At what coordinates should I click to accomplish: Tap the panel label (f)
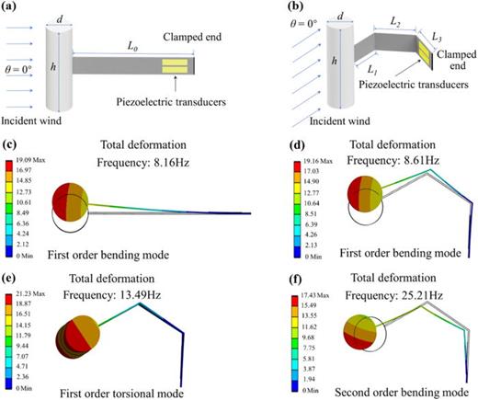(x=256, y=268)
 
